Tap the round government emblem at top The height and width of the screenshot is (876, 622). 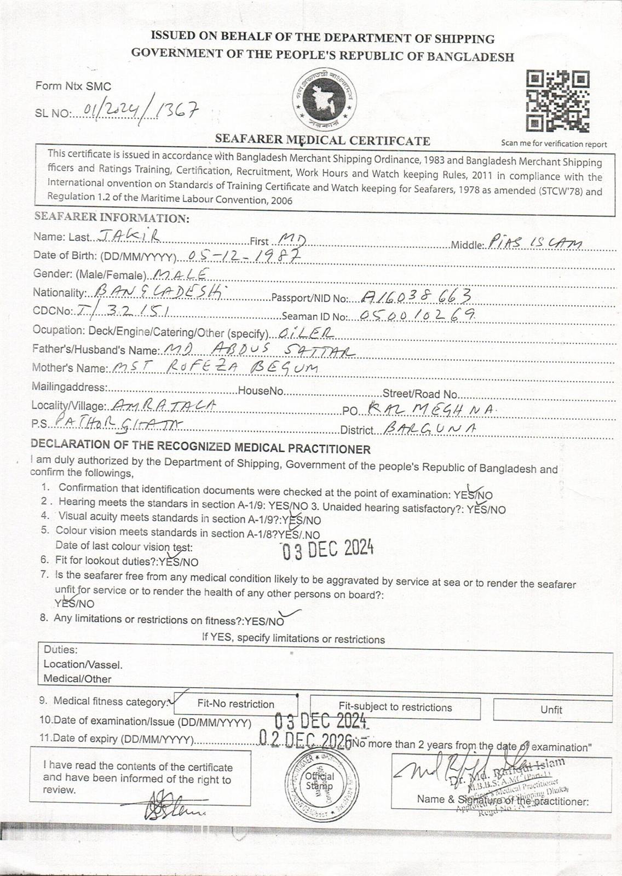(x=324, y=99)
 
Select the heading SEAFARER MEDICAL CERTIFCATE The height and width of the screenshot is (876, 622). (x=322, y=140)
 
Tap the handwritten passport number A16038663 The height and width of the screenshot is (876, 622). (x=417, y=296)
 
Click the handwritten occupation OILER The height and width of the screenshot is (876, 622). (x=306, y=332)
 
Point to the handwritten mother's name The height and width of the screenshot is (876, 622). (x=214, y=367)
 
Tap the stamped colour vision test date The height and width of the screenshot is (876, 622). (x=327, y=548)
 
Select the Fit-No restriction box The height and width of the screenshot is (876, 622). (x=236, y=704)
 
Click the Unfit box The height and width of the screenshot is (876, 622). (x=552, y=710)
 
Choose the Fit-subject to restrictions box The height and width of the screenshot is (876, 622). (x=395, y=707)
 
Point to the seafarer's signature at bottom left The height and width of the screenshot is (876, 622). (x=170, y=806)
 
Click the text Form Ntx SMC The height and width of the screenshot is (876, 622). (x=73, y=86)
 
